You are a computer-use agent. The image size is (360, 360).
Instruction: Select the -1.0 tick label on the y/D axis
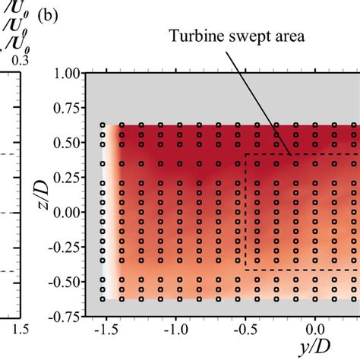point(175,331)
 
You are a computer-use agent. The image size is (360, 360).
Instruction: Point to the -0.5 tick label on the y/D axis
point(245,331)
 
